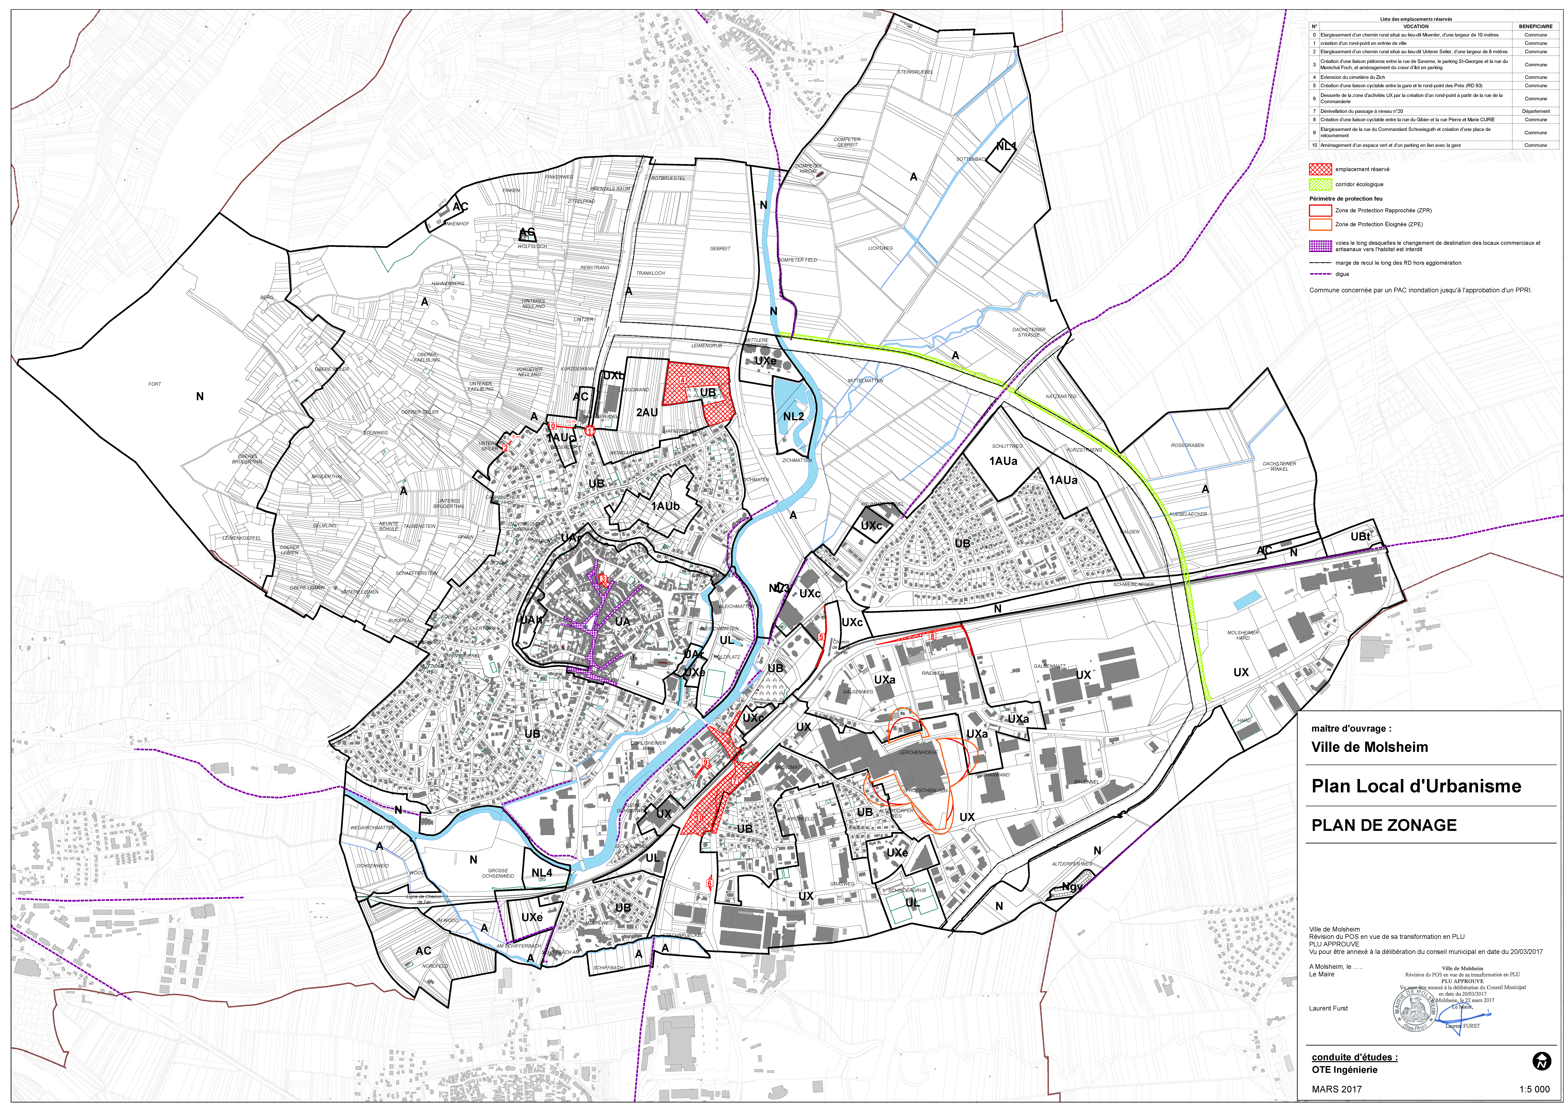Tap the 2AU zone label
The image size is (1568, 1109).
647,412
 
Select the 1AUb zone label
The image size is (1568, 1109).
665,506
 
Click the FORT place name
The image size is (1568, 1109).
155,384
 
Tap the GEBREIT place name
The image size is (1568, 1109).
720,248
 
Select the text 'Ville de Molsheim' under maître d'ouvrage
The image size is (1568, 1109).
1369,747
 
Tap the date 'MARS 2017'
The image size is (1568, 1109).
1337,1089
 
